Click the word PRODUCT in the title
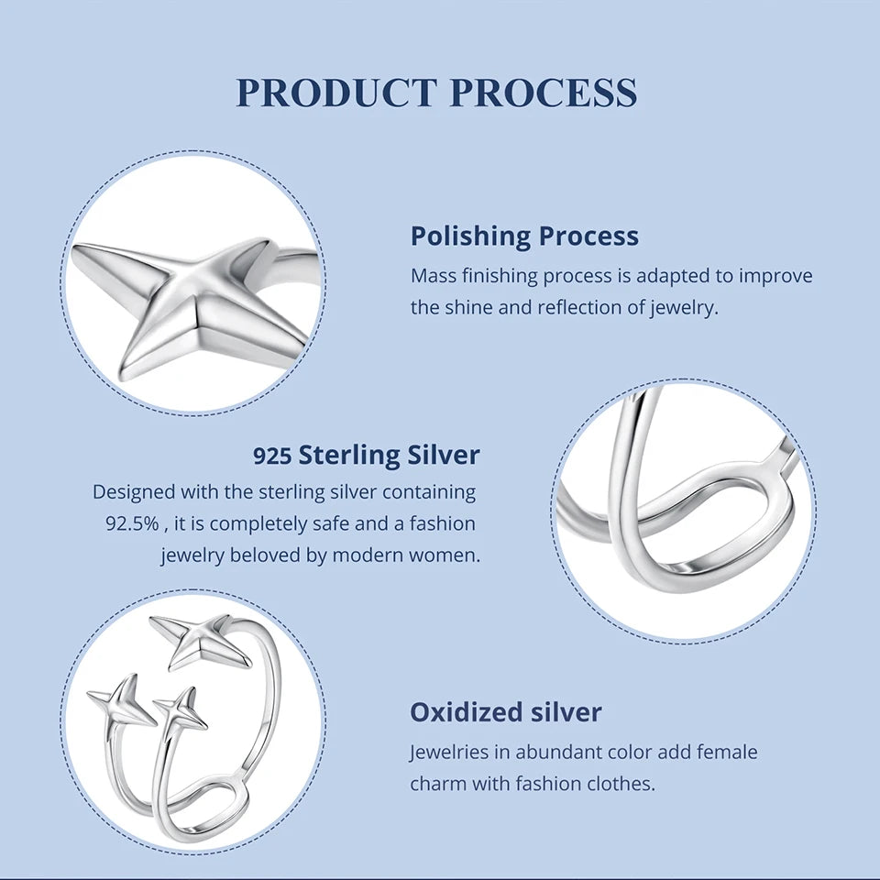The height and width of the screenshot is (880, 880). tap(336, 93)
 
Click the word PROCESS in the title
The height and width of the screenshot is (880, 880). tap(544, 93)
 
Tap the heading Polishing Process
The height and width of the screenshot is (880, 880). tap(524, 236)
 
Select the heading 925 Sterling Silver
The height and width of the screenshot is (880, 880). tap(367, 456)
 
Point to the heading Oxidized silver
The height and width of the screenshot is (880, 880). tap(506, 712)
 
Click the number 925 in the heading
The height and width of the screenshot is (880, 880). tap(272, 456)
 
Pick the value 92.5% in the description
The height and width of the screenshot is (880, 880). tap(132, 523)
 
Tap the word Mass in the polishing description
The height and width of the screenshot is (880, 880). tap(428, 276)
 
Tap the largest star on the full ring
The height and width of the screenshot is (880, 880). tap(200, 641)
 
